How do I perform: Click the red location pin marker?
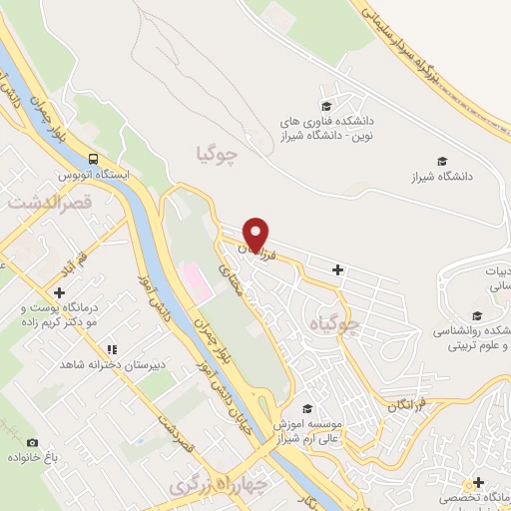click(x=256, y=234)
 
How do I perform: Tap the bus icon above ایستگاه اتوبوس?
click(x=93, y=158)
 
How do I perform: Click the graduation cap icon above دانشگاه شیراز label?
click(x=442, y=160)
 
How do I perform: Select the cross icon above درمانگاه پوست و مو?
click(x=61, y=293)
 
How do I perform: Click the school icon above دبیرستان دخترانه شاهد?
click(x=113, y=349)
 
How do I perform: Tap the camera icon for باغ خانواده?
click(x=33, y=442)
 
